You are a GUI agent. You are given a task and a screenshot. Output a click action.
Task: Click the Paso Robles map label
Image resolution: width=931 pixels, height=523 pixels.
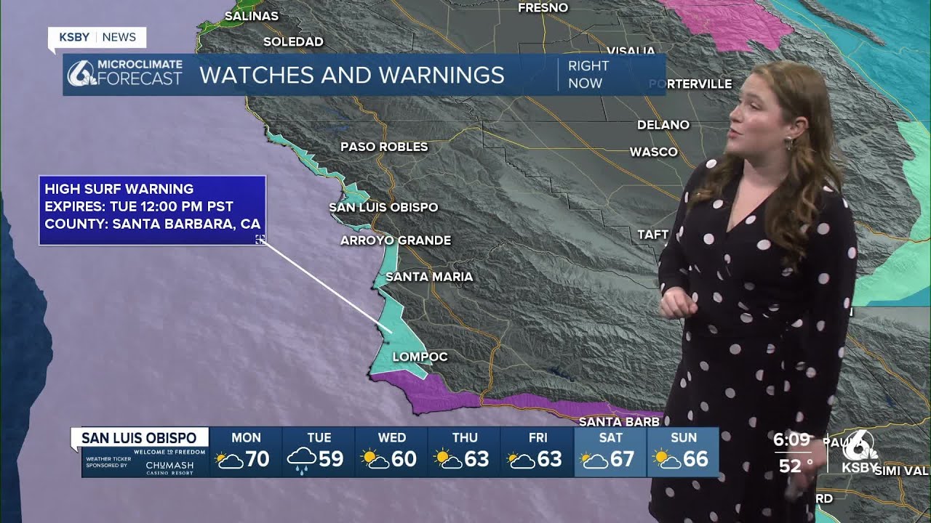click(384, 147)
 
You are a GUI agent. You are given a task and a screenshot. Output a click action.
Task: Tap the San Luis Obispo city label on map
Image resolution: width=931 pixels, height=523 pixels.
click(383, 207)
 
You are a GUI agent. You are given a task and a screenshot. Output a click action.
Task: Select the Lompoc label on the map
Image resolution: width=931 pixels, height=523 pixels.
click(420, 357)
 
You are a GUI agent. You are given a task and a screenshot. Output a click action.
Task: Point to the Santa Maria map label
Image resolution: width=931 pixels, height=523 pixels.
click(429, 277)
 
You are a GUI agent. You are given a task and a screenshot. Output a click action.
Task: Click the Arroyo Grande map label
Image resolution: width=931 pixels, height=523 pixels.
click(396, 240)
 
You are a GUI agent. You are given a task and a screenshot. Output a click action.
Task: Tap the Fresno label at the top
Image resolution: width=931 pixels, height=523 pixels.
click(543, 8)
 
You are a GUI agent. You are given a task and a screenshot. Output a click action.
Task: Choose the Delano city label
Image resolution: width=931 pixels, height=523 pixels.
click(663, 125)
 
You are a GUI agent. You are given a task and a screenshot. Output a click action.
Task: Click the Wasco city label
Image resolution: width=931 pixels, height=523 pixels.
click(653, 152)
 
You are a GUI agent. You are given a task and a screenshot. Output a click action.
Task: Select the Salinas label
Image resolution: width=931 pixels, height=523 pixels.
click(252, 16)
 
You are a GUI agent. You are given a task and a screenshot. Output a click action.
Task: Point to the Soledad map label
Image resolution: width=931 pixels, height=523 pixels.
click(293, 42)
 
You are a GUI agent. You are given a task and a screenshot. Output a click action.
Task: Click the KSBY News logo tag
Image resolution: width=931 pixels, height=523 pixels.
click(97, 37)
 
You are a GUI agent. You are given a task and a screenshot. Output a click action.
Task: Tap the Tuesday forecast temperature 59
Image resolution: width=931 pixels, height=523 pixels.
click(330, 459)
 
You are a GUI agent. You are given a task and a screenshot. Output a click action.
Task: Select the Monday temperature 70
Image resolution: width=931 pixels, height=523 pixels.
click(257, 459)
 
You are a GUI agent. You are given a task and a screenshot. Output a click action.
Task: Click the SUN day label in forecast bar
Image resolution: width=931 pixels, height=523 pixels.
click(683, 438)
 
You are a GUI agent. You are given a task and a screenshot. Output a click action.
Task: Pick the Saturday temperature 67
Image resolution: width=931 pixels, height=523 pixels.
click(621, 459)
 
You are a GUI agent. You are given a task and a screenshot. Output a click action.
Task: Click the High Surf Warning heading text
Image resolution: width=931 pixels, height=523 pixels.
click(119, 189)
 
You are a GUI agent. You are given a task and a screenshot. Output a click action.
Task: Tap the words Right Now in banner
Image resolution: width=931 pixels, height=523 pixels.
click(588, 74)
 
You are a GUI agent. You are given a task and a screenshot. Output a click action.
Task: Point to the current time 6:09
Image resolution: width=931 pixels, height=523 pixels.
click(791, 439)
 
